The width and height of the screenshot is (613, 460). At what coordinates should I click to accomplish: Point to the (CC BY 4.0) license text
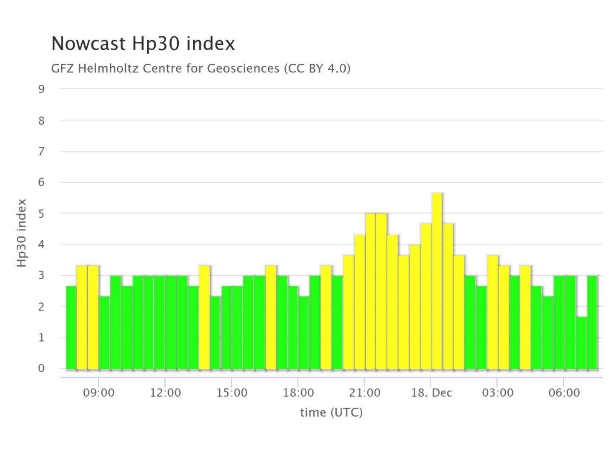pos(317,68)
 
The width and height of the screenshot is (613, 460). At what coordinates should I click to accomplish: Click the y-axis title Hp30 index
pos(22,233)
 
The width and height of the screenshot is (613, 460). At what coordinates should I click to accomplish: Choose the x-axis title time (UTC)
pos(331,412)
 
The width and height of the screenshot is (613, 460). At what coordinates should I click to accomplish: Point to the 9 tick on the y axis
pos(41,89)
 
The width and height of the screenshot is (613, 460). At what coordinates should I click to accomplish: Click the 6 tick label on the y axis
pos(41,182)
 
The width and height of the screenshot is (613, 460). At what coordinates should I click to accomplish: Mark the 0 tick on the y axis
pos(41,368)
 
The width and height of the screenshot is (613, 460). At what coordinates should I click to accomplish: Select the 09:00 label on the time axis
pos(99,392)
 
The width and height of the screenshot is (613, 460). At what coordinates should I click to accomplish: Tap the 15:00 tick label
pos(232,392)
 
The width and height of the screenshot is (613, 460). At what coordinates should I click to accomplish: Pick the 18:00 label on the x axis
pos(298,392)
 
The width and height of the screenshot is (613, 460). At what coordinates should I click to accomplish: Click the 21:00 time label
pos(364,392)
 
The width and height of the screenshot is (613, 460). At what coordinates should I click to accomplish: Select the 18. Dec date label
pos(431,392)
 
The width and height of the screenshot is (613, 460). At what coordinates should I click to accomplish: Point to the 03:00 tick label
pos(497,392)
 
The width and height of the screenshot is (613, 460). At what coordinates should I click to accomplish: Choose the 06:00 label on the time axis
pos(564,392)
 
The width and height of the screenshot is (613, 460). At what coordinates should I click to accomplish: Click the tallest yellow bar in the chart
pos(437,281)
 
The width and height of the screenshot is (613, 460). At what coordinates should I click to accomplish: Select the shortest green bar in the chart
pos(581,343)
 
